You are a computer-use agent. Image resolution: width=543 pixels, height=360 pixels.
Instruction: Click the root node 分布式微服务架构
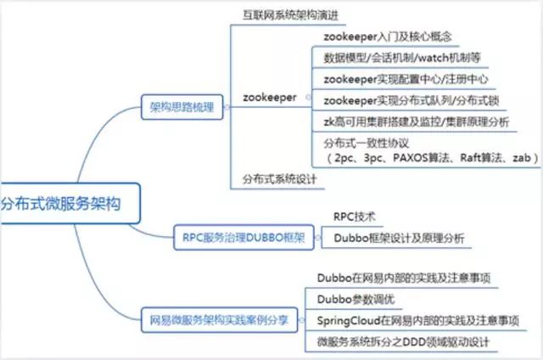click(x=70, y=204)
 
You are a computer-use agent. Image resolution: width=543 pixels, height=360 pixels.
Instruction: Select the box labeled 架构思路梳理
click(x=182, y=107)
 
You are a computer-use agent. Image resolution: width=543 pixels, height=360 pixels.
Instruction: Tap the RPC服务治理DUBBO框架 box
click(x=244, y=238)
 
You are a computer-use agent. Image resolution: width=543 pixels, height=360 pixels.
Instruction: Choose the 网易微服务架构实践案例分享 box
click(x=219, y=320)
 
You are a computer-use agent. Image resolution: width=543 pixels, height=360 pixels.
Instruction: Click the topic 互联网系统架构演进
click(x=290, y=15)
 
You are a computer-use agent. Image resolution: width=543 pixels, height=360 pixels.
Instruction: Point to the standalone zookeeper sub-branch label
click(x=270, y=98)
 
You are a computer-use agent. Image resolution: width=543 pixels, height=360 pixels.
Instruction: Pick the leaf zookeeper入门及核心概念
click(x=388, y=37)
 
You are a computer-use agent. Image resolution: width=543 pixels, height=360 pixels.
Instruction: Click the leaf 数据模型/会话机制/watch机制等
click(x=402, y=58)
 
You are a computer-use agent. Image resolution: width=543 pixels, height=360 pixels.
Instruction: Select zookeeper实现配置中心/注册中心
click(x=406, y=79)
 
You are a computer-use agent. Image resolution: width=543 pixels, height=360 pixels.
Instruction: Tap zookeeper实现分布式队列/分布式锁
click(x=411, y=100)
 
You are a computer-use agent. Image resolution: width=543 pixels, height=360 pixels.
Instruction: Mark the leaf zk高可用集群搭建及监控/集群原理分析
click(x=417, y=121)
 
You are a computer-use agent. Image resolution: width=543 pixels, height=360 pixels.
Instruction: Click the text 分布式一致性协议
click(x=366, y=143)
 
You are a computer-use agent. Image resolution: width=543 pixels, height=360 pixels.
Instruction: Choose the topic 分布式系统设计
click(x=279, y=179)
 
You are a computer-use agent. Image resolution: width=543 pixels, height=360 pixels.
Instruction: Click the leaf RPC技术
click(x=355, y=217)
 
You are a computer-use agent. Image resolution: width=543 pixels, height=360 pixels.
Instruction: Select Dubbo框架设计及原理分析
click(x=399, y=238)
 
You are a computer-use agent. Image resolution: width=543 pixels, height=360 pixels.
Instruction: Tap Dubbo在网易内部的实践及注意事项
click(x=404, y=278)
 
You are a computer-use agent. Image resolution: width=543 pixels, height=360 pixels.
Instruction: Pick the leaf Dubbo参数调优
click(x=355, y=299)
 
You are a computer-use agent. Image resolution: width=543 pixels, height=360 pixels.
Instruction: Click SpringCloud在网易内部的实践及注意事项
click(x=418, y=320)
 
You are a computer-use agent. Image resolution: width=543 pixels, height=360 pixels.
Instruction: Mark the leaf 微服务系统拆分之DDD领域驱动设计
click(x=403, y=342)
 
